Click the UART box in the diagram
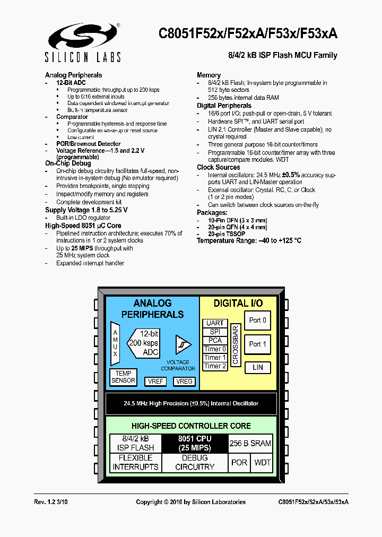click(215, 323)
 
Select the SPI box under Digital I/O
click(215, 332)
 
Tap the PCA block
click(215, 340)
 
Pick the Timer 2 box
click(215, 366)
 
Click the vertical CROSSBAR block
click(235, 344)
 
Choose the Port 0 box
click(257, 321)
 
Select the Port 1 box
click(257, 344)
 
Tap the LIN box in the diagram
click(257, 367)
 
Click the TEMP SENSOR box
click(123, 377)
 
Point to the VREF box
click(156, 381)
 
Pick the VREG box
click(184, 381)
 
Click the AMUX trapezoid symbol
click(115, 343)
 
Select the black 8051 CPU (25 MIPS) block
click(195, 443)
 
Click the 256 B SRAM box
click(250, 443)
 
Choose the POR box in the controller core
click(239, 463)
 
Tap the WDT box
click(263, 463)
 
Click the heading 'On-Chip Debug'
click(68, 164)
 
